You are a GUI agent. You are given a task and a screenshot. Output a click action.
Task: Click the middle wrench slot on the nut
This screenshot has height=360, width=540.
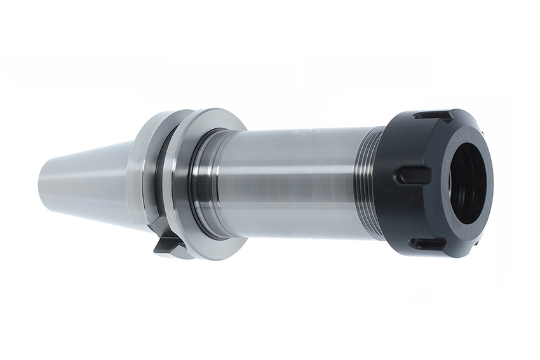[x=410, y=175]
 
